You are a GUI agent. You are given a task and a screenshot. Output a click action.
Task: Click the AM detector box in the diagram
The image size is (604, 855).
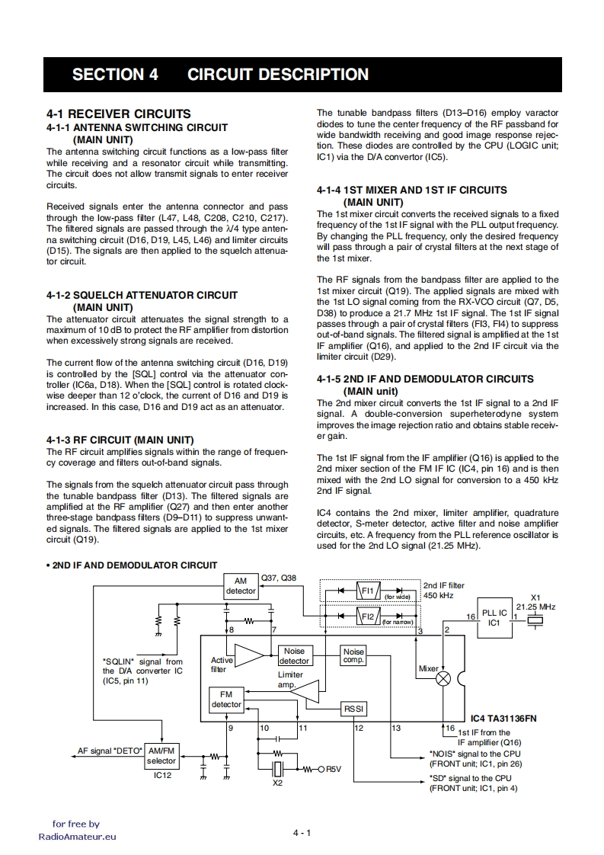point(241,585)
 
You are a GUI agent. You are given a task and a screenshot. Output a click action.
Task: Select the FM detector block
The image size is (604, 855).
point(225,700)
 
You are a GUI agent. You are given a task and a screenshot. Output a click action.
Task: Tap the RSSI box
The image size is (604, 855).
point(354,709)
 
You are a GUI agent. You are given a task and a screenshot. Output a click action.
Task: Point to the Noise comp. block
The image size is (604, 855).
point(353,655)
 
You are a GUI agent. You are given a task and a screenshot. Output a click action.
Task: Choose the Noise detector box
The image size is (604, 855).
point(294,656)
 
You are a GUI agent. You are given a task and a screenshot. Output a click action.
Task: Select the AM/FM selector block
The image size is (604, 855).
point(161,756)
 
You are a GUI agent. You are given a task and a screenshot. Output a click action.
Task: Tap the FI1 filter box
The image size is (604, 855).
point(368,591)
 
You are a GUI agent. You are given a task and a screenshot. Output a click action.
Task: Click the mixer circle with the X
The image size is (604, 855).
point(443,679)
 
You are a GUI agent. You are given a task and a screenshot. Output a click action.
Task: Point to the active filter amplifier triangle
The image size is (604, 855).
point(248,655)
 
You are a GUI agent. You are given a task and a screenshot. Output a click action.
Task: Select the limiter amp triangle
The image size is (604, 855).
point(305,692)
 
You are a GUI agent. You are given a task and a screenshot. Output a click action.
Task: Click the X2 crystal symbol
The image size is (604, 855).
point(278,768)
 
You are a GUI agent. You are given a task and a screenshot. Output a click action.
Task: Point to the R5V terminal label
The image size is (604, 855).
point(334,769)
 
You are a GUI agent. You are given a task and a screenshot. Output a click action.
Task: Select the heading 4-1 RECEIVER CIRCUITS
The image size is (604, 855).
point(118,114)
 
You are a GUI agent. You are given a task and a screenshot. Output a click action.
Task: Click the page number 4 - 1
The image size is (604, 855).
point(302,833)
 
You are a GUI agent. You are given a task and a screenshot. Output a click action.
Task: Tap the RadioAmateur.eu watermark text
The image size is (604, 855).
point(78,836)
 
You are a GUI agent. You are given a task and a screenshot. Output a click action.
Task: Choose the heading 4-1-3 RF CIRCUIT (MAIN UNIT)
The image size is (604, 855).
point(120,440)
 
